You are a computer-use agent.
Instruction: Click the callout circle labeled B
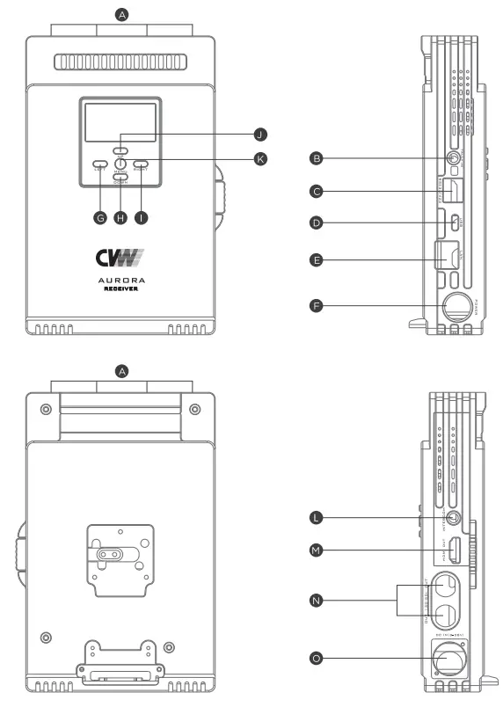(317, 159)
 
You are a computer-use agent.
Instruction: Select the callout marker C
(317, 190)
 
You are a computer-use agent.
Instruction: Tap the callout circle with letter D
(317, 223)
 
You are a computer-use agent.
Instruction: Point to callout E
(317, 259)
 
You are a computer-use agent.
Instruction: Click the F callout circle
(317, 307)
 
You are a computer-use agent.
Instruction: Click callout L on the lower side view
(317, 517)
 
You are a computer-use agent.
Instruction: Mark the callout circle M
(317, 551)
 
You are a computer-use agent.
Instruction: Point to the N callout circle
(317, 601)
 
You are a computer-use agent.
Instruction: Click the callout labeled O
(317, 657)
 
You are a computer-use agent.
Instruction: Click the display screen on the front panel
(120, 122)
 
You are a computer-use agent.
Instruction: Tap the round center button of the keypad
(120, 164)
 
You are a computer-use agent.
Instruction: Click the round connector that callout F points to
(456, 307)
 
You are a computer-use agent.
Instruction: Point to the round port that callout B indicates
(454, 159)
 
